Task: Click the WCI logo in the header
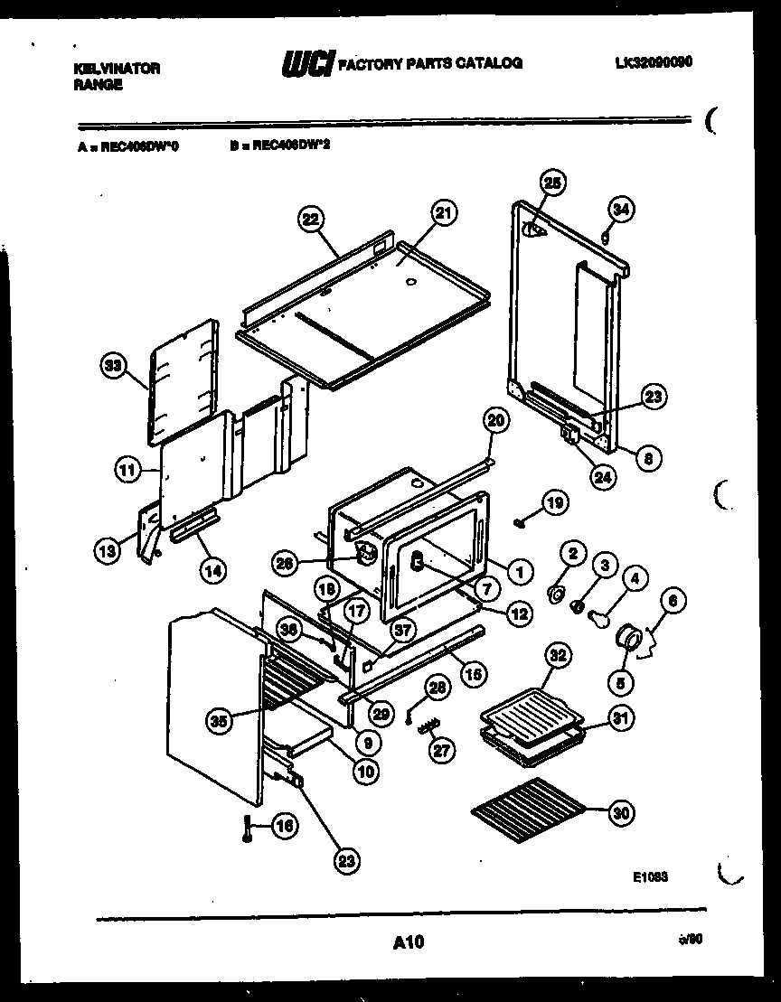pyautogui.click(x=307, y=64)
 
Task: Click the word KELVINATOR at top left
pyautogui.click(x=116, y=68)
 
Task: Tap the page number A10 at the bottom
pyautogui.click(x=409, y=943)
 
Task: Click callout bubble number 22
pyautogui.click(x=310, y=220)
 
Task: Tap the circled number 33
pyautogui.click(x=113, y=366)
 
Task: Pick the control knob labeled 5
pyautogui.click(x=626, y=640)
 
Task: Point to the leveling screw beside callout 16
pyautogui.click(x=246, y=828)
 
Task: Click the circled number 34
pyautogui.click(x=621, y=210)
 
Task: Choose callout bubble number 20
pyautogui.click(x=495, y=419)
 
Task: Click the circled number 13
pyautogui.click(x=107, y=549)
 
